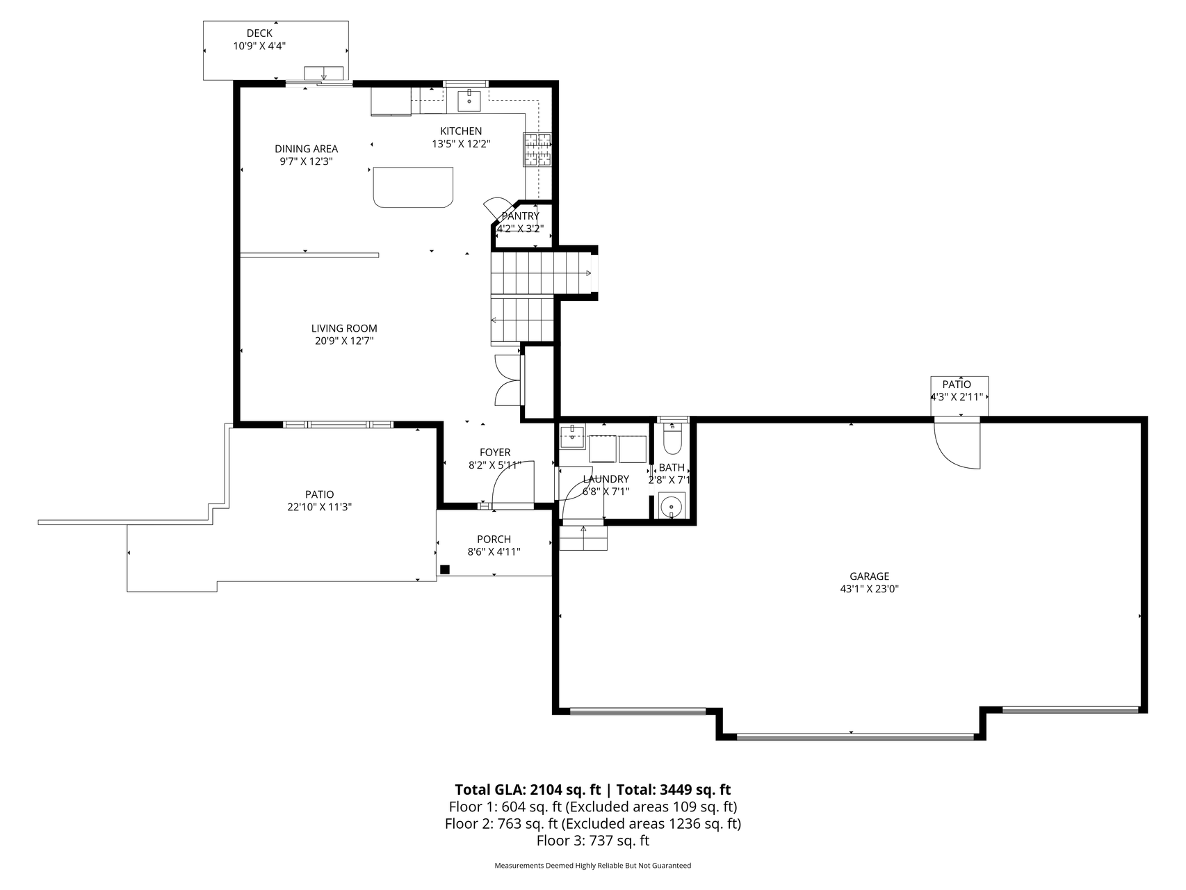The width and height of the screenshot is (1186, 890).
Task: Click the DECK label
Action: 259,33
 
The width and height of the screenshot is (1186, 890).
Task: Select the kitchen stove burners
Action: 537,149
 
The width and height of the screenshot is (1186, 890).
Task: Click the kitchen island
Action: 413,187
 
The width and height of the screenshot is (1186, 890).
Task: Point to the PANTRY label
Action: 520,216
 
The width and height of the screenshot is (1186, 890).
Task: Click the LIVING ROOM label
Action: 344,328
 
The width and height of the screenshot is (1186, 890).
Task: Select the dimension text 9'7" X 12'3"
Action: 306,161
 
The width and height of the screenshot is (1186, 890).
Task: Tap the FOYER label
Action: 495,453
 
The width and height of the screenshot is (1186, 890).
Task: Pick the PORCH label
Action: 494,539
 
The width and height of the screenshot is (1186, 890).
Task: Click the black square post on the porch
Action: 445,569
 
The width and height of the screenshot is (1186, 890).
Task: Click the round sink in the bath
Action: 672,505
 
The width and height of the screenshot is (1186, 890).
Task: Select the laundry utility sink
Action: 572,436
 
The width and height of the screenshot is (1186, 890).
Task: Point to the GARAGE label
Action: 869,576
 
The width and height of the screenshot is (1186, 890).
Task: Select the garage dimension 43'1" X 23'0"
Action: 869,589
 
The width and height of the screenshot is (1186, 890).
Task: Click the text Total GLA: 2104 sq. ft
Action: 528,790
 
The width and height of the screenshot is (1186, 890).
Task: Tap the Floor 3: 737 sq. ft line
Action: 593,841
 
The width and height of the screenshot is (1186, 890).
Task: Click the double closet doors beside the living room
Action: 506,380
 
